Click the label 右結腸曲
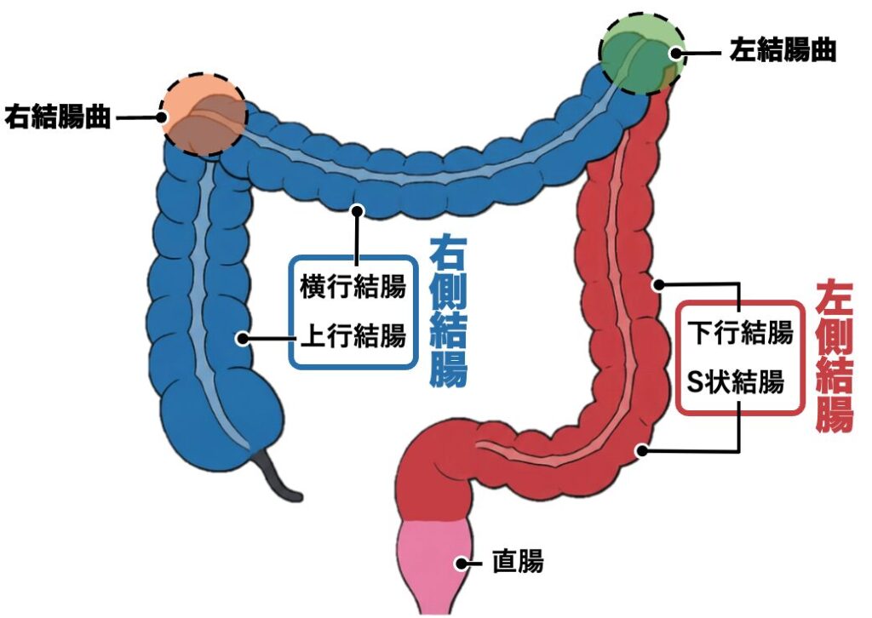point(58,117)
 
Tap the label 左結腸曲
point(783,51)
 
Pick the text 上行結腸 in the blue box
point(352,337)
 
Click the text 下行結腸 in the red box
point(740,333)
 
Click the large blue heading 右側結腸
point(448,311)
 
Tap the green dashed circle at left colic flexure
point(641,53)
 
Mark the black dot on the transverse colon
point(358,209)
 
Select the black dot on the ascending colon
point(243,338)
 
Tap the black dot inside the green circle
point(676,52)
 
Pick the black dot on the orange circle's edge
point(163,117)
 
